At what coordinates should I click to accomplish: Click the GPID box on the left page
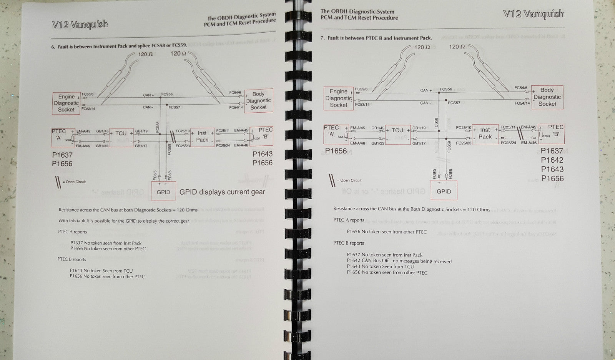[x=163, y=191]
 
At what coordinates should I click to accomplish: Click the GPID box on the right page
[x=444, y=191]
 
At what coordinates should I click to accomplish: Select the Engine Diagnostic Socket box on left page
[x=66, y=103]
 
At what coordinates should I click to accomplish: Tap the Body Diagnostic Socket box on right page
[x=547, y=97]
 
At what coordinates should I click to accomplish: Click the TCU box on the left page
[x=121, y=137]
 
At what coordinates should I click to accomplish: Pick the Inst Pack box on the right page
[x=485, y=133]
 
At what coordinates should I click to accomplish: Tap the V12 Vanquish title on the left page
[x=80, y=24]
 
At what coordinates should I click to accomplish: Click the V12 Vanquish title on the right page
[x=534, y=14]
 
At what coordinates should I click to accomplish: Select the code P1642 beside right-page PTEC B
[x=552, y=160]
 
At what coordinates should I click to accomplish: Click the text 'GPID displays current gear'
[x=222, y=192]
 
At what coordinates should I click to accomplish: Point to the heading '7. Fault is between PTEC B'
[x=376, y=38]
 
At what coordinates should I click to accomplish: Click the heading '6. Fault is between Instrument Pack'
[x=119, y=46]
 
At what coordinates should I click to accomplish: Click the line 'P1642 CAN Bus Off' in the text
[x=399, y=261]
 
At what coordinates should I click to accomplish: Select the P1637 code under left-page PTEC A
[x=62, y=155]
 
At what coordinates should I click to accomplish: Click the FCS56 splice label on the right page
[x=446, y=89]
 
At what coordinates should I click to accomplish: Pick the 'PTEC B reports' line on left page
[x=72, y=260]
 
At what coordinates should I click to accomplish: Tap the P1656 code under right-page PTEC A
[x=336, y=151]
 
